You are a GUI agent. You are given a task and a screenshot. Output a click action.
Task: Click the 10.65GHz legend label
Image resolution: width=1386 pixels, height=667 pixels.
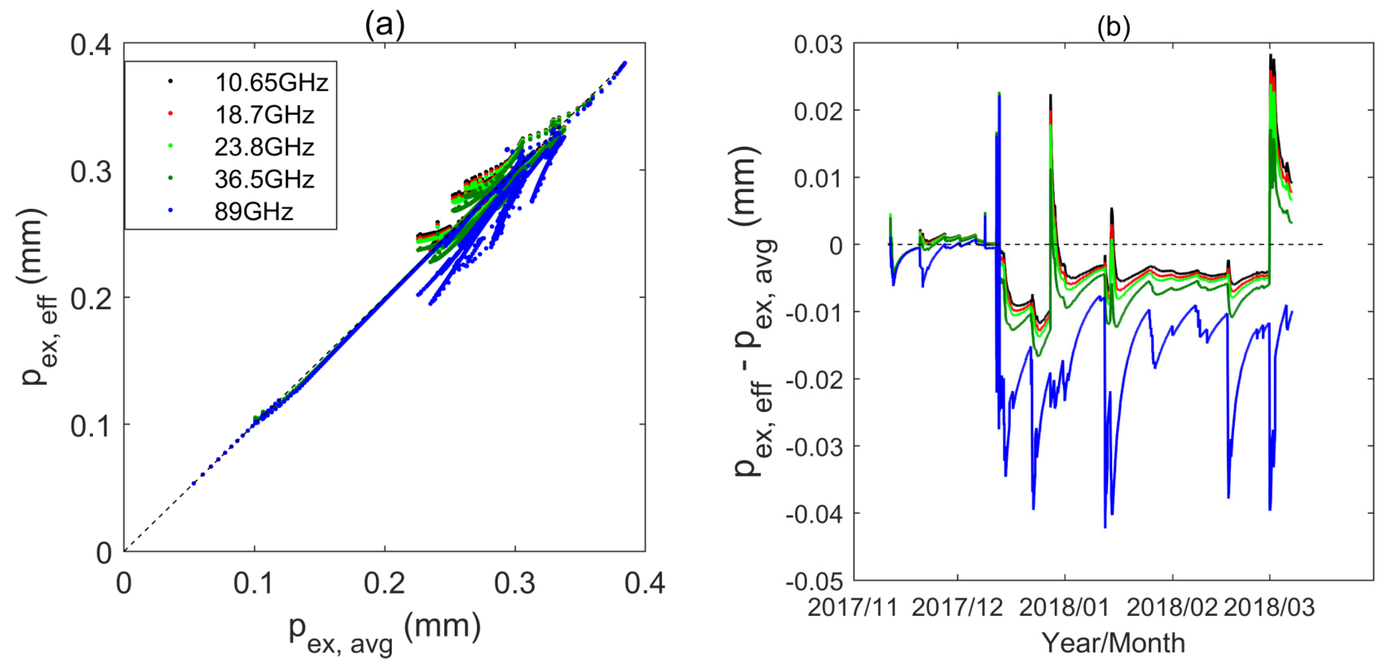coord(271,82)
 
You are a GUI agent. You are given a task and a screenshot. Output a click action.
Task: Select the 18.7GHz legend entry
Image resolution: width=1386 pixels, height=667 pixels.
coord(264,115)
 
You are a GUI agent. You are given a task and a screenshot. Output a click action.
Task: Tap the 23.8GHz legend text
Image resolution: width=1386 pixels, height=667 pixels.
coord(264,147)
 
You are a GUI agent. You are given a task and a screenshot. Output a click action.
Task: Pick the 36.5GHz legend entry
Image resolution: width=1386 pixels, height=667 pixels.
coord(264,179)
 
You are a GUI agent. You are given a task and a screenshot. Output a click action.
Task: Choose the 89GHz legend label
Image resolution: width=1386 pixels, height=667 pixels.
coord(254,212)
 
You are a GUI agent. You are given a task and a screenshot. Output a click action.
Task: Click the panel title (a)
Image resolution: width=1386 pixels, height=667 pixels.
coord(384,24)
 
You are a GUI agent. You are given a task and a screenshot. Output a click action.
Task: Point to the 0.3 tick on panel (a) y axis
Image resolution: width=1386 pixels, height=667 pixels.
coord(90,172)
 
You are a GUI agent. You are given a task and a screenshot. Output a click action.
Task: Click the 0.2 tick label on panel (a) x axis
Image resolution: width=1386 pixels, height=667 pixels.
coord(384,583)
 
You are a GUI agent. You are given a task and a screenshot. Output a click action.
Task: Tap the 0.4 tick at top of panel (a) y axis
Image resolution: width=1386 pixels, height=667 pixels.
coord(90,45)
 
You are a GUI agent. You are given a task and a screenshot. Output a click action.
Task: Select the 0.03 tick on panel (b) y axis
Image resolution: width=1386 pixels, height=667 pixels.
coord(818,45)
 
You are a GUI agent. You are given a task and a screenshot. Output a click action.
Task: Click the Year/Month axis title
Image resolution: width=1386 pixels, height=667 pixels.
coord(1113,643)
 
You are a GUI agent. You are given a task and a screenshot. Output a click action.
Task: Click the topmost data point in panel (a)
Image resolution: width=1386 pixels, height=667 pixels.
coord(625,63)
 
